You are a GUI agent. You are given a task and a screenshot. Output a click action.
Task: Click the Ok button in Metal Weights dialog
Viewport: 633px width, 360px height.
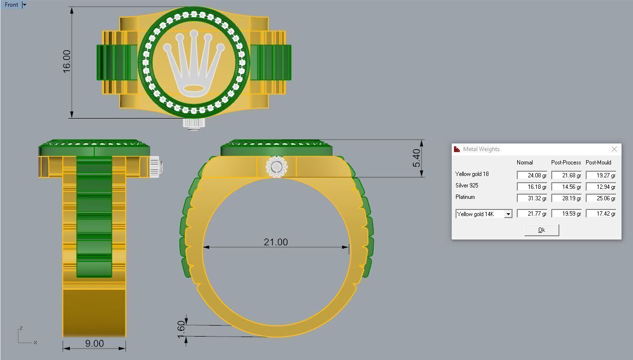tap(541, 230)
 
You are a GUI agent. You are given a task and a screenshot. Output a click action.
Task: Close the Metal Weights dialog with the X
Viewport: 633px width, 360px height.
tap(614, 149)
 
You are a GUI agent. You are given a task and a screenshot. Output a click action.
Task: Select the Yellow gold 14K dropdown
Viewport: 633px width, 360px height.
tap(484, 214)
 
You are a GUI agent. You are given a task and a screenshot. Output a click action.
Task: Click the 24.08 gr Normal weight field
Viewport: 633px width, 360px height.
tap(532, 175)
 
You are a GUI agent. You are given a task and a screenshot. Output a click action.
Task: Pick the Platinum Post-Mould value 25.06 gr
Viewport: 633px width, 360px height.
tap(600, 198)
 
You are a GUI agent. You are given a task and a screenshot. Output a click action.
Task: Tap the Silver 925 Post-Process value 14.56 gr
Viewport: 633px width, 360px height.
tap(566, 187)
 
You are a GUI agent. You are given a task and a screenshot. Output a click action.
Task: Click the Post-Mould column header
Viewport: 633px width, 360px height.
tap(598, 163)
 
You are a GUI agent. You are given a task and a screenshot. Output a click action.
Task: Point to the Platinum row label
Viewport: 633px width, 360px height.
tap(465, 197)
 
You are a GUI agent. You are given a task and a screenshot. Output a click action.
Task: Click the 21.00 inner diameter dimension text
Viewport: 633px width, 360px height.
tap(276, 242)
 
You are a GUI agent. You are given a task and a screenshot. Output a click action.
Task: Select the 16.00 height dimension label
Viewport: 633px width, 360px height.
tap(66, 61)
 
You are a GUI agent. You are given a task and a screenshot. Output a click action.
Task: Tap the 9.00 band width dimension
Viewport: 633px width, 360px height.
tap(94, 343)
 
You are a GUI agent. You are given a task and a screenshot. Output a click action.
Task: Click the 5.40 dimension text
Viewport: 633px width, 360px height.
tap(416, 158)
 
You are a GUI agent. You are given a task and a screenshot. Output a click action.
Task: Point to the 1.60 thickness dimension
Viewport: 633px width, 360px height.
tap(181, 329)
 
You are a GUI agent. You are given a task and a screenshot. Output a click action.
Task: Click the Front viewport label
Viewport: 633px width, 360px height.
tap(11, 5)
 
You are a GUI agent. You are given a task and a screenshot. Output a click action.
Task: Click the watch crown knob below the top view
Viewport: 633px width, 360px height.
tap(194, 123)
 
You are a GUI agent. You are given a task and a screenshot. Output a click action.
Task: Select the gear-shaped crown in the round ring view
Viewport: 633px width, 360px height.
tap(277, 167)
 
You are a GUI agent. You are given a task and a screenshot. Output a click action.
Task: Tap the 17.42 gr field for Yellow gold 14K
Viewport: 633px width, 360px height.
tap(600, 214)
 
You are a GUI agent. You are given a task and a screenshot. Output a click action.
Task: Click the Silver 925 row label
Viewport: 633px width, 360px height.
tap(466, 185)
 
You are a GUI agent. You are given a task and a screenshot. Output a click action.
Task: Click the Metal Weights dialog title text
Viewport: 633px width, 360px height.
tap(481, 149)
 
